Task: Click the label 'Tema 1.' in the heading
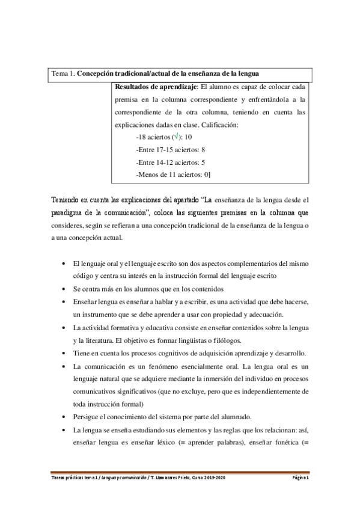(x=63, y=74)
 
